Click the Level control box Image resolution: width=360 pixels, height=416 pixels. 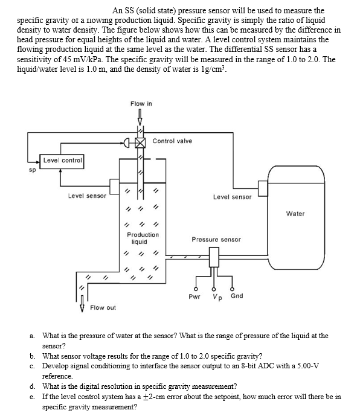click(63, 160)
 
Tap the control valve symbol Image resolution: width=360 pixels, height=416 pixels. click(140, 143)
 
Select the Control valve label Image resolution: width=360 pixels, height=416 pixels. click(172, 141)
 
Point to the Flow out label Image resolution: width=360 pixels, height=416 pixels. click(103, 308)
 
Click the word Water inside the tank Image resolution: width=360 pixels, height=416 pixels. click(295, 213)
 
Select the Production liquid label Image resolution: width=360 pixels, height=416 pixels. click(143, 237)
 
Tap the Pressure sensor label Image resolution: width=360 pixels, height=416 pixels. click(216, 240)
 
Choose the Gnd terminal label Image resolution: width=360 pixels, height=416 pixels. click(237, 296)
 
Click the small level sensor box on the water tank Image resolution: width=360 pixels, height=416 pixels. click(263, 190)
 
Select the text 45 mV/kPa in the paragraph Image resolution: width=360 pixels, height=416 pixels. click(127, 61)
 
